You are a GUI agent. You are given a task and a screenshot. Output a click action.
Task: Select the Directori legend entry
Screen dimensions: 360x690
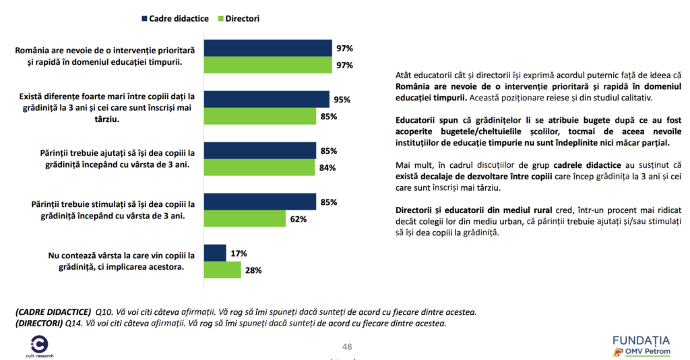click(241, 18)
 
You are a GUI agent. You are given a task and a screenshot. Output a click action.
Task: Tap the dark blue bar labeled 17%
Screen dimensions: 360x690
click(215, 253)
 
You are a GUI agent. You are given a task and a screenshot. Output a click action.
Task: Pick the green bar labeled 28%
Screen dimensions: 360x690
click(222, 270)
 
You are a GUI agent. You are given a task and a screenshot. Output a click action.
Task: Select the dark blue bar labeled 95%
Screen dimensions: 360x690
click(266, 99)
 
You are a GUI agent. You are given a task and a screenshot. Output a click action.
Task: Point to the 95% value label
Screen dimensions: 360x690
click(342, 100)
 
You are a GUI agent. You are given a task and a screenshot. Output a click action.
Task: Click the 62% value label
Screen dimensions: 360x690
click(299, 219)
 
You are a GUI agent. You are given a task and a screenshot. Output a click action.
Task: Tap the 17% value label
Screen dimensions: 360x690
click(239, 253)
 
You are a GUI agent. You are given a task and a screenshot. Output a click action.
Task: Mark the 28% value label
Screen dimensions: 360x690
click(254, 270)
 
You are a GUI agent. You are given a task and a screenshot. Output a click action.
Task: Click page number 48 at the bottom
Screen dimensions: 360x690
click(347, 347)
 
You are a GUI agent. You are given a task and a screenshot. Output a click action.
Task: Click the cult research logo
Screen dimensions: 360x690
click(39, 344)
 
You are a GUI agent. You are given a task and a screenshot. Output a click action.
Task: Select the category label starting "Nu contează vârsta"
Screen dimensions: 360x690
click(121, 260)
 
